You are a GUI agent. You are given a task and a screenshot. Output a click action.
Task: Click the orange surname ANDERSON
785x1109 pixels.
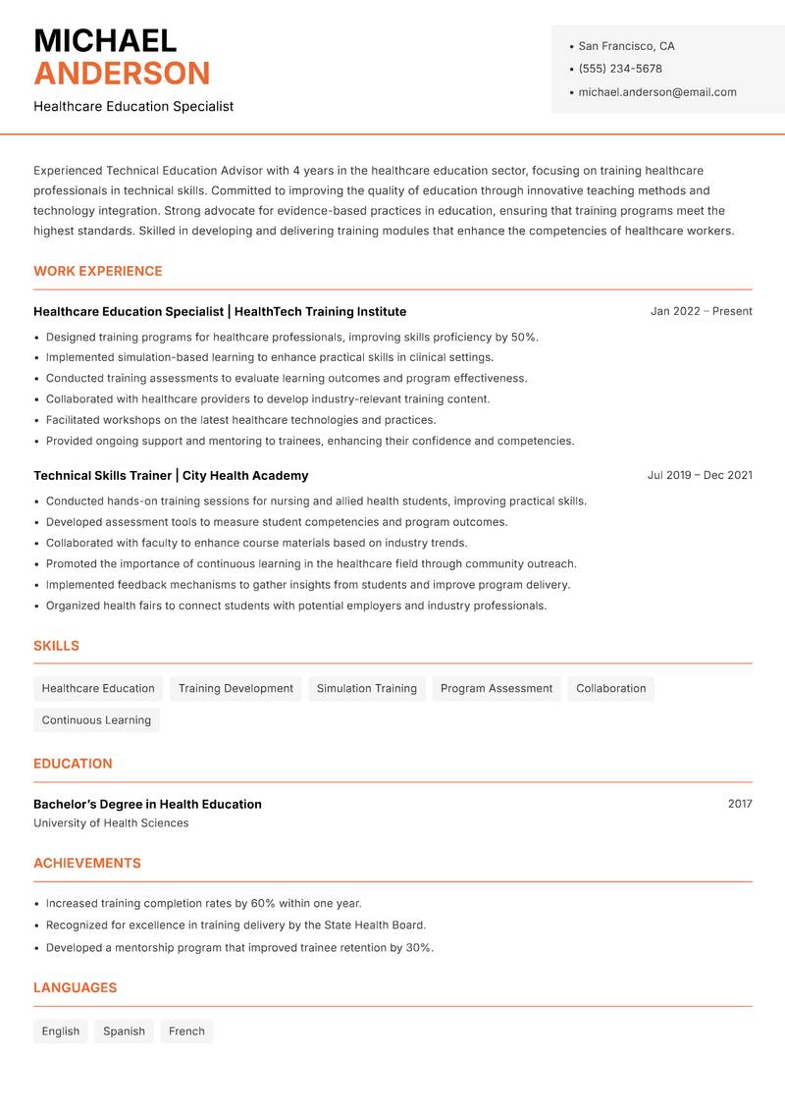122,74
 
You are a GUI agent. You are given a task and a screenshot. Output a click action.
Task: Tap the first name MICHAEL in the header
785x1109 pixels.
105,41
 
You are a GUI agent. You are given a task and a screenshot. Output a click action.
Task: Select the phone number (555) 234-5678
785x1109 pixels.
620,69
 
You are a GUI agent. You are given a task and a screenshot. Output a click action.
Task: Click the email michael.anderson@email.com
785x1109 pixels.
657,92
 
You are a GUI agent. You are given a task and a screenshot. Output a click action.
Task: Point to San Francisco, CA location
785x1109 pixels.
626,46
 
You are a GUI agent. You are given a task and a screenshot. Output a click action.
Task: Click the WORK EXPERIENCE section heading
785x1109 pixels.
98,271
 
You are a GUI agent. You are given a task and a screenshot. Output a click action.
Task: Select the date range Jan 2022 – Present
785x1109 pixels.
701,311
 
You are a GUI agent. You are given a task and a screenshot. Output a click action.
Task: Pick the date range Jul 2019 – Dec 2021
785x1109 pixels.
700,475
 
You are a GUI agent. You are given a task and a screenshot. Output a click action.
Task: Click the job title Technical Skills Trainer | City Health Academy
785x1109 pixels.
171,475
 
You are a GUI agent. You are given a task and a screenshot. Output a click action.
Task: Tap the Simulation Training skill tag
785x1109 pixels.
367,688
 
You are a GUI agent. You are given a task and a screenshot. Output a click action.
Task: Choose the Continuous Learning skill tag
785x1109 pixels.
96,719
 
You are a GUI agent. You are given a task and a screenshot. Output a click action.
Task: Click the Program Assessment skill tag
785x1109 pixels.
497,688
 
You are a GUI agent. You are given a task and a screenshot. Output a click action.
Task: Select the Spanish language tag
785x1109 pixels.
124,1030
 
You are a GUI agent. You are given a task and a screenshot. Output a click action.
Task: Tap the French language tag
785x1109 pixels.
186,1030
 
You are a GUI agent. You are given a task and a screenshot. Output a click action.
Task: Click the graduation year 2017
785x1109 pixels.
740,804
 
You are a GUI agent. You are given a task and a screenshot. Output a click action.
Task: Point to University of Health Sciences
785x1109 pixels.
111,823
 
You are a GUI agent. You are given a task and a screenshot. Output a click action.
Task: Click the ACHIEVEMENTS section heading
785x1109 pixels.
87,863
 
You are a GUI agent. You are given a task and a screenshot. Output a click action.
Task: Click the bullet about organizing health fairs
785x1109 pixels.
296,606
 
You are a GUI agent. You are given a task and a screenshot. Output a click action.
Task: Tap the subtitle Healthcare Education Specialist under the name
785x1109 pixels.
133,106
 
